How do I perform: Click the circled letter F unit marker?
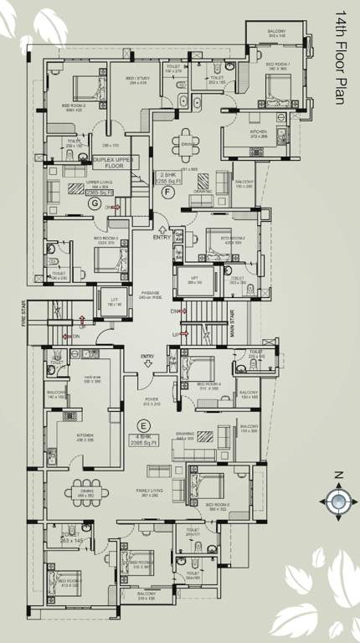coord(167,192)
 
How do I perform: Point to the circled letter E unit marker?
coord(152,400)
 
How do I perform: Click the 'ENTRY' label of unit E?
coord(147,358)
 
